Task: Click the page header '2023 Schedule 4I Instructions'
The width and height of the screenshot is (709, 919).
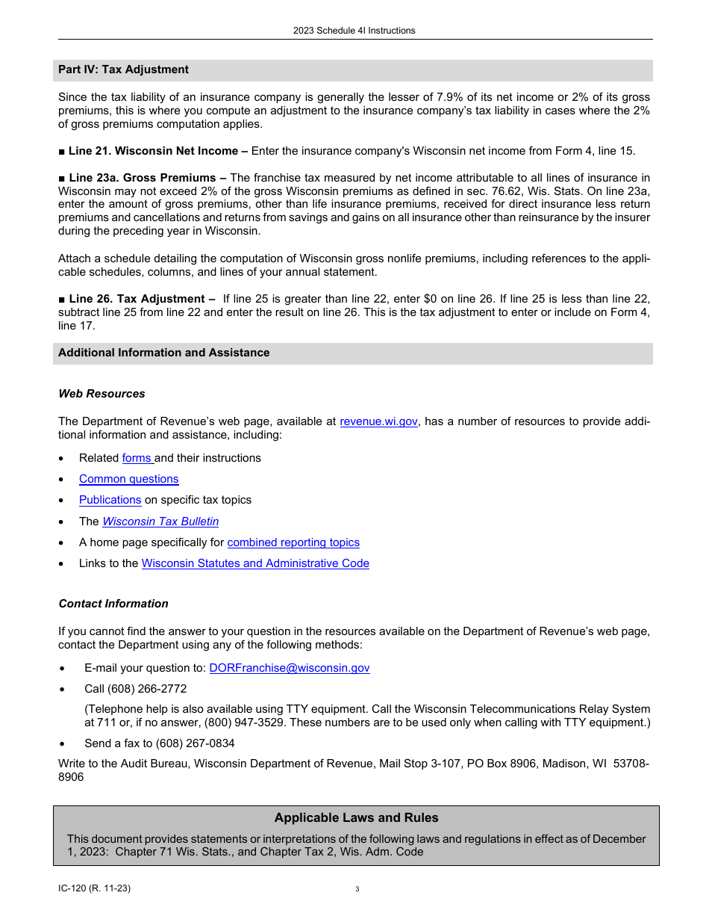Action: coord(354,31)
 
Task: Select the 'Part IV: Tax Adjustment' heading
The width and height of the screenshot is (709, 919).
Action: coord(123,69)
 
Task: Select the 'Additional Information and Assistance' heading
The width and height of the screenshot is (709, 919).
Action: coord(163,353)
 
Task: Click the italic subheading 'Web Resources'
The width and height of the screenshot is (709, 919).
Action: coord(101,394)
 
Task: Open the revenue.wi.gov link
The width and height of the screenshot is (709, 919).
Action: coord(378,421)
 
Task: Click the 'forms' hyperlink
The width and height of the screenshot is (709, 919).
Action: coord(137,458)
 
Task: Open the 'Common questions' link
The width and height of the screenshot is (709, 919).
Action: coord(128,479)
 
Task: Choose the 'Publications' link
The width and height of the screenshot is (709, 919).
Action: coord(110,500)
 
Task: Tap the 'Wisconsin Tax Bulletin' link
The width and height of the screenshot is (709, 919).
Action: coord(160,522)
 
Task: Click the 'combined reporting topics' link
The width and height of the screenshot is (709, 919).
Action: coord(293,542)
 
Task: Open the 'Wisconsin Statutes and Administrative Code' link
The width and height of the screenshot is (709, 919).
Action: coord(255,563)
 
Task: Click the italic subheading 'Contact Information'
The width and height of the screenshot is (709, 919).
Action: coord(113,604)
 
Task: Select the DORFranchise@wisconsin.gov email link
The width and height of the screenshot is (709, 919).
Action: coord(290,668)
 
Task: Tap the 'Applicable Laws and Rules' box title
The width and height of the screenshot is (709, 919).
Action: coord(356,817)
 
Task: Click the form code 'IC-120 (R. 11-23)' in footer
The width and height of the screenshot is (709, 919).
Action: coord(89,888)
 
